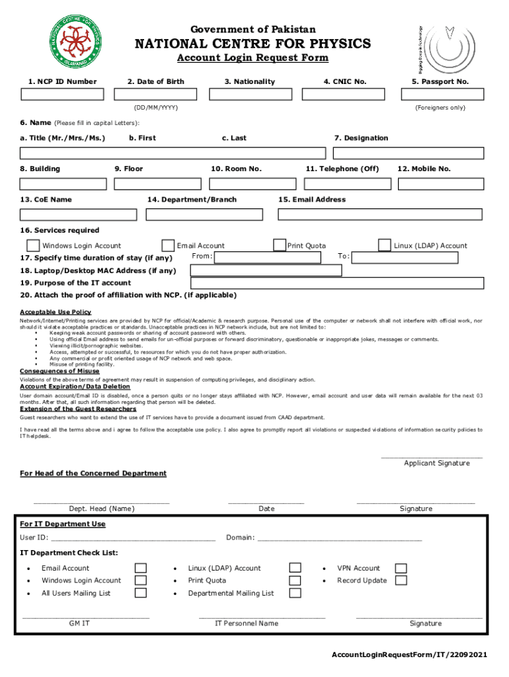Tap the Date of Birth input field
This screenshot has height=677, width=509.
point(155,94)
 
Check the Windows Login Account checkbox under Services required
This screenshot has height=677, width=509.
point(33,245)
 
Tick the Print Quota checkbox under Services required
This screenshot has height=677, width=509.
point(279,245)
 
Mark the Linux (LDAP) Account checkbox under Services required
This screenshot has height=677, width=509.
point(384,245)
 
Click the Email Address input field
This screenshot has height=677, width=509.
point(380,214)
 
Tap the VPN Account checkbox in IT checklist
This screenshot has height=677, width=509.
point(401,569)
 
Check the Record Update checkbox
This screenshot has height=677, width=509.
point(401,580)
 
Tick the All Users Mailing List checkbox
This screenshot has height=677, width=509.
point(140,593)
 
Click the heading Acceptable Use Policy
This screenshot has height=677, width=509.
point(56,312)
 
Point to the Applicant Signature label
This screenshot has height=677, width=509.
point(436,463)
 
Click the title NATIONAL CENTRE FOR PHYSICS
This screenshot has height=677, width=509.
point(253,44)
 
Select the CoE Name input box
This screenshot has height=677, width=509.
point(79,214)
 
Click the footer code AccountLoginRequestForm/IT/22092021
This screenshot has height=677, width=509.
point(410,655)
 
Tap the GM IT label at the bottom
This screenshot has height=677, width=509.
point(79,623)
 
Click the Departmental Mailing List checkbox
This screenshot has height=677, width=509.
point(295,593)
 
